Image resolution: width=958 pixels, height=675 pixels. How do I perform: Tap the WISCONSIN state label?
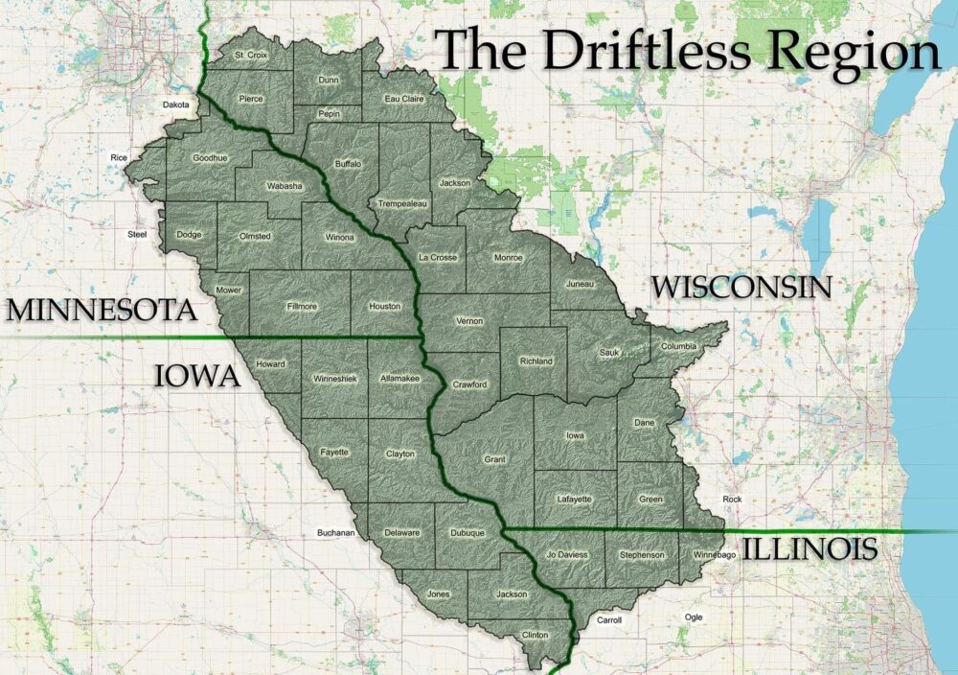click(x=741, y=287)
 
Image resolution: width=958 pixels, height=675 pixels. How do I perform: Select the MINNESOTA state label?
click(x=100, y=311)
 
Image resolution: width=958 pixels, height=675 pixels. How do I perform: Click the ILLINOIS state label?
click(x=810, y=548)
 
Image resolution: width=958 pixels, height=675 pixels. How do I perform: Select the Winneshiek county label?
click(x=334, y=379)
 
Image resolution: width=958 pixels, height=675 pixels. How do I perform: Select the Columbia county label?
click(x=678, y=346)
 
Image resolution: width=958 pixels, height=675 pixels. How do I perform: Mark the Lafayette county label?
click(x=574, y=499)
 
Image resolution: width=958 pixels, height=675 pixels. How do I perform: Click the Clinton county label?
click(x=535, y=635)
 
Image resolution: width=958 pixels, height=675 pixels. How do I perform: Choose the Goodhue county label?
click(x=210, y=157)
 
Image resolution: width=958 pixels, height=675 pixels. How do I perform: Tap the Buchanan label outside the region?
click(x=336, y=532)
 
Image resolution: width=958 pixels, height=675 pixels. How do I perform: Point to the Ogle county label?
click(x=693, y=617)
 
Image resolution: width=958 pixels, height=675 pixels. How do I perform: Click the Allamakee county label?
click(x=400, y=381)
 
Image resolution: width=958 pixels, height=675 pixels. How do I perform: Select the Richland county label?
click(x=536, y=361)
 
